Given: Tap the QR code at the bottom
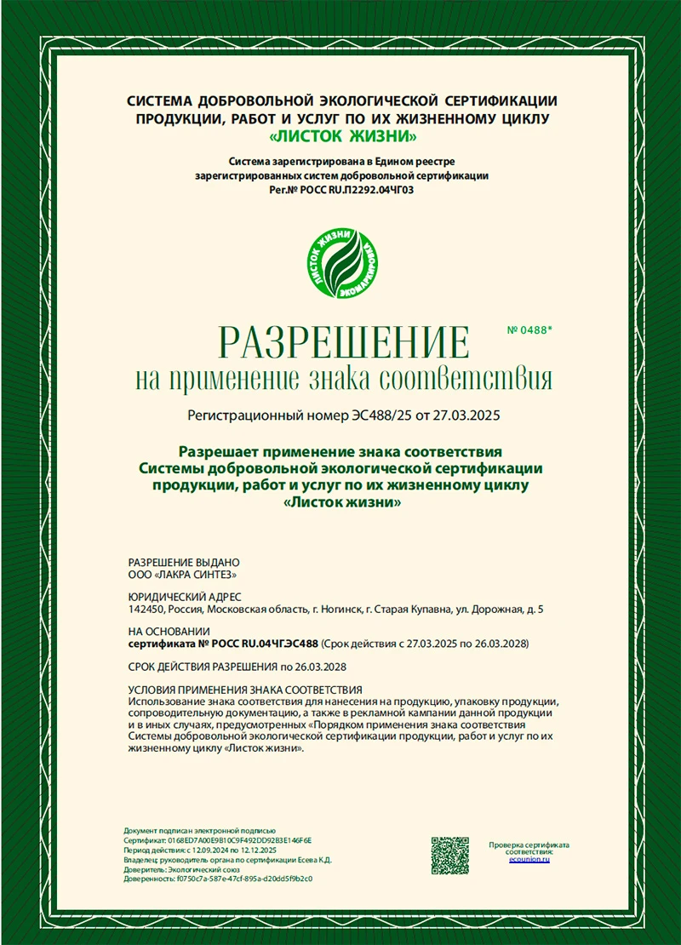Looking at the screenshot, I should pos(449,855).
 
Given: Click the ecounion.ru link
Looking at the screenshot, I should pos(529,860).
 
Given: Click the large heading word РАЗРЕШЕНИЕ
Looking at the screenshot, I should pos(344,342).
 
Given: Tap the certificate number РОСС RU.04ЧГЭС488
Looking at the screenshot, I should pos(257,644).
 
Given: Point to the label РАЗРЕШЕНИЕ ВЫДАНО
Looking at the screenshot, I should pos(184,562).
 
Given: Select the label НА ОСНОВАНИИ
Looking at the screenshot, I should pos(169,632).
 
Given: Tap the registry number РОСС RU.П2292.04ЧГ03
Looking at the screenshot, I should pos(352,189).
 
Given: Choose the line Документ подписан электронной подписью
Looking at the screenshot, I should pos(200,830).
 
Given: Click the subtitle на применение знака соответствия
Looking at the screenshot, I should pos(344,378).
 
